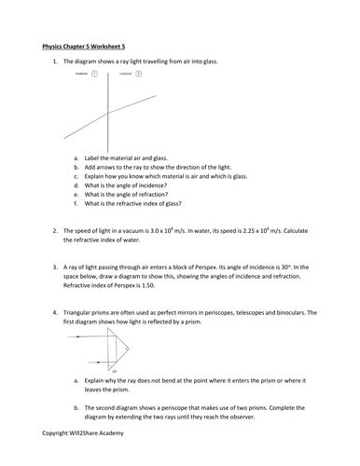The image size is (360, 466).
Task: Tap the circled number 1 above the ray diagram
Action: coord(94,84)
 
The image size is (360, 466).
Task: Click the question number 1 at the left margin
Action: coord(55,60)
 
